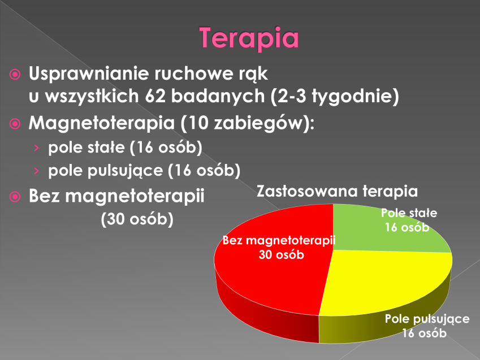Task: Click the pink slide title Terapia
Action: pyautogui.click(x=249, y=38)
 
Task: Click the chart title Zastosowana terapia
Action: pyautogui.click(x=337, y=191)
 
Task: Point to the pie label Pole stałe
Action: pyautogui.click(x=409, y=212)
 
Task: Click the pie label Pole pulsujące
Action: pyautogui.click(x=427, y=319)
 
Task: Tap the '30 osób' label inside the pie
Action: pyautogui.click(x=282, y=255)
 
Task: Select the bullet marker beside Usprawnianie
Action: pyautogui.click(x=15, y=74)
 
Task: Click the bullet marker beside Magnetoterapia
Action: pyautogui.click(x=15, y=124)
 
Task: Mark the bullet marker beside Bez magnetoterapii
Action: pyautogui.click(x=15, y=197)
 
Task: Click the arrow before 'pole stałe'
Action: pyautogui.click(x=37, y=148)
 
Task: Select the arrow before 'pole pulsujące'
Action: pyautogui.click(x=37, y=171)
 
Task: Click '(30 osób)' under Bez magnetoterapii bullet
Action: pyautogui.click(x=137, y=219)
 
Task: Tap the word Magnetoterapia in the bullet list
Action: pyautogui.click(x=102, y=123)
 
